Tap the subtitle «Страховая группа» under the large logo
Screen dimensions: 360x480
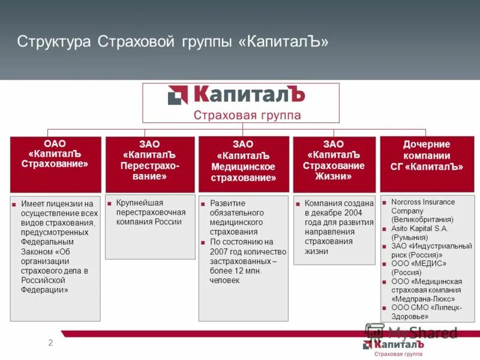coord(247,115)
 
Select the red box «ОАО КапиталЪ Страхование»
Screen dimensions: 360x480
coord(55,164)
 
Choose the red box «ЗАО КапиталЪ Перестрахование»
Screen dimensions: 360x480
coord(150,164)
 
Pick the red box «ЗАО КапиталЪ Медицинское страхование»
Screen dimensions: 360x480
coord(243,164)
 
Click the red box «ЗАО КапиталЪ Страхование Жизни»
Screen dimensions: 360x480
coord(334,164)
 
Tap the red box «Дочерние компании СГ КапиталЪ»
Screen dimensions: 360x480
coord(427,164)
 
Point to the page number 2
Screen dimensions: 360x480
coord(50,343)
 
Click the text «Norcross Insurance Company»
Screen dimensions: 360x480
coord(422,206)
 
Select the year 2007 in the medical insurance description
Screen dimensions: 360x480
coord(220,251)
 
